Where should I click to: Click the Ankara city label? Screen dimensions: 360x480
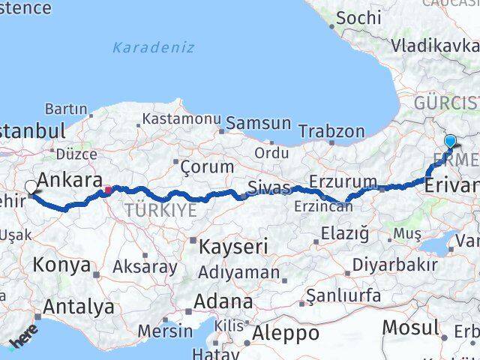[x=69, y=180]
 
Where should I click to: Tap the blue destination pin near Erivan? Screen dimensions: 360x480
[x=450, y=141]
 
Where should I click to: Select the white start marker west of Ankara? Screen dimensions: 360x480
[x=31, y=187]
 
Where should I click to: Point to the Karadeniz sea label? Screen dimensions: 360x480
[x=153, y=48]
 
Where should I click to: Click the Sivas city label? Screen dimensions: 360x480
[x=268, y=187]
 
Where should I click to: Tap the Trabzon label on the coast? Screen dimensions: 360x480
[x=331, y=130]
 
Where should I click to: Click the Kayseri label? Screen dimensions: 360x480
[x=231, y=246]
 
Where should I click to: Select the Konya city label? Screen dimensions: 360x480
[x=63, y=265]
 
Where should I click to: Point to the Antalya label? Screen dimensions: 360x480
[x=79, y=307]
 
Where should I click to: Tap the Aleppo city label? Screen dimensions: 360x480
[x=286, y=333]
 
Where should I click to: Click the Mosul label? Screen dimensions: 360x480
[x=410, y=328]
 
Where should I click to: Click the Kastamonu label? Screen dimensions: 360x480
[x=181, y=119]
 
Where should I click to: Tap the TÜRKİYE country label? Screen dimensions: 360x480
[x=160, y=210]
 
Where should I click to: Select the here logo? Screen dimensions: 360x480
[x=22, y=339]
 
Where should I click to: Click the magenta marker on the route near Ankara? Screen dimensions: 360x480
[x=107, y=190]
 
